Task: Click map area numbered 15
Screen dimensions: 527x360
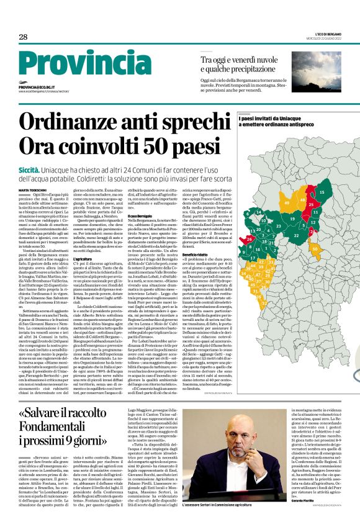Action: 321,192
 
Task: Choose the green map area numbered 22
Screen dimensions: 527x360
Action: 296,236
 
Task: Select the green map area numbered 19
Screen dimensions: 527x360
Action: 292,218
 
